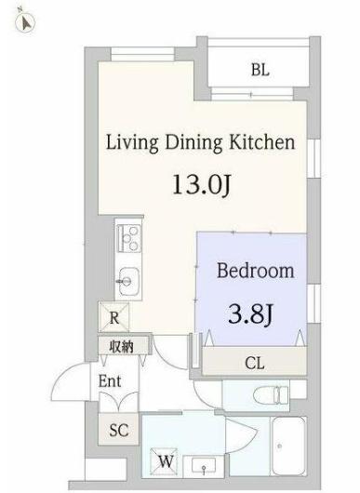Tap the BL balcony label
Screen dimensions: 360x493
click(x=260, y=70)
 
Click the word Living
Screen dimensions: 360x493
click(x=132, y=142)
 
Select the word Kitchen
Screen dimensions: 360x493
click(x=261, y=142)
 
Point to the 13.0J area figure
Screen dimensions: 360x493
click(x=202, y=184)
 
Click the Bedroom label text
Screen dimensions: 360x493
click(x=256, y=271)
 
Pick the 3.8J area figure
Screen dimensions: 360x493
click(x=250, y=314)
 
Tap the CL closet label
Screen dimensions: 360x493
click(x=255, y=364)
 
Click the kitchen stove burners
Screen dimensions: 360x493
click(x=128, y=238)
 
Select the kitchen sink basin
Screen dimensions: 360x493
click(x=128, y=282)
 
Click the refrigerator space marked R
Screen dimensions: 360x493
click(x=113, y=317)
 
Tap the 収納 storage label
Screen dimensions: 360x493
click(x=121, y=347)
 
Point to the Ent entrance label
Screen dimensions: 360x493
click(x=110, y=381)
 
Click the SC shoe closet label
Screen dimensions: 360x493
click(x=119, y=430)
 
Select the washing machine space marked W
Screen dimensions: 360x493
click(x=164, y=461)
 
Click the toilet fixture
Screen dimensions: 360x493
click(x=271, y=394)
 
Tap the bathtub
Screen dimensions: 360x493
click(x=289, y=446)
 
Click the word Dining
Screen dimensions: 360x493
click(x=193, y=143)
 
